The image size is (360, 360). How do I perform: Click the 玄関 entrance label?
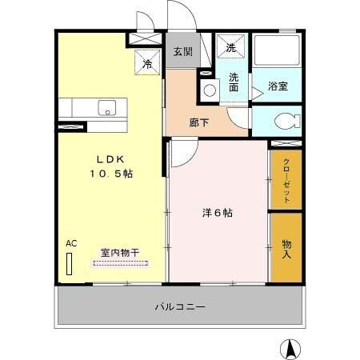(x=182, y=52)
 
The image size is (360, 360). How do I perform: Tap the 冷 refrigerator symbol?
(x=148, y=63)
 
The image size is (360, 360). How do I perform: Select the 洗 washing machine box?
(x=231, y=48)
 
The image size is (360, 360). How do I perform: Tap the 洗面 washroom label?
(x=234, y=83)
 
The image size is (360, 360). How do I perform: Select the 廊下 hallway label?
(x=200, y=124)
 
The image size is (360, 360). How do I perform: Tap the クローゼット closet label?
(x=286, y=179)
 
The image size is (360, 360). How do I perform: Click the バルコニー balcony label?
(x=181, y=306)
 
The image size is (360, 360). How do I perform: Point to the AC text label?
(x=70, y=243)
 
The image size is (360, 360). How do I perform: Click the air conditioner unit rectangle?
(x=70, y=265)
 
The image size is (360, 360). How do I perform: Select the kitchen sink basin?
(x=107, y=107)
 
